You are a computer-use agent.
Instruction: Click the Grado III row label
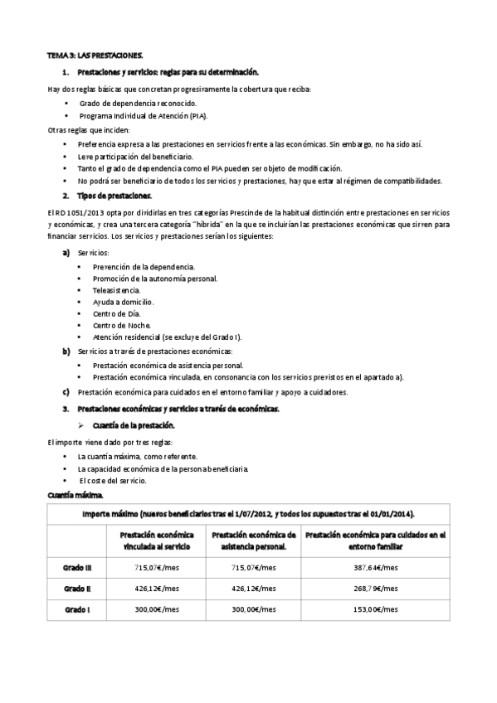77,567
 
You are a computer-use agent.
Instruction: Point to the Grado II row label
77,588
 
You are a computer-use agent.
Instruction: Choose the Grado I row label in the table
77,609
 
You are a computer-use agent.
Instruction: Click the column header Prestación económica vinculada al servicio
157,541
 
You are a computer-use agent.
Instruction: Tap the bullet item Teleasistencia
117,290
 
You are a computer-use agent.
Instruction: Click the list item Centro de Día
117,314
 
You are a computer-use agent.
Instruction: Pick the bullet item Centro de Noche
122,325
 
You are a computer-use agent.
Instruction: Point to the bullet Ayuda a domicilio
124,302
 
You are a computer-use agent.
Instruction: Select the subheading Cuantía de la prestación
139,424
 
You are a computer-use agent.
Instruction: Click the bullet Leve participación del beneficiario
134,156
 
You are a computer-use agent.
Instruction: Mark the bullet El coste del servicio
113,480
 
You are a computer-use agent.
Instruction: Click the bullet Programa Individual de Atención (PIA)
144,115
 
